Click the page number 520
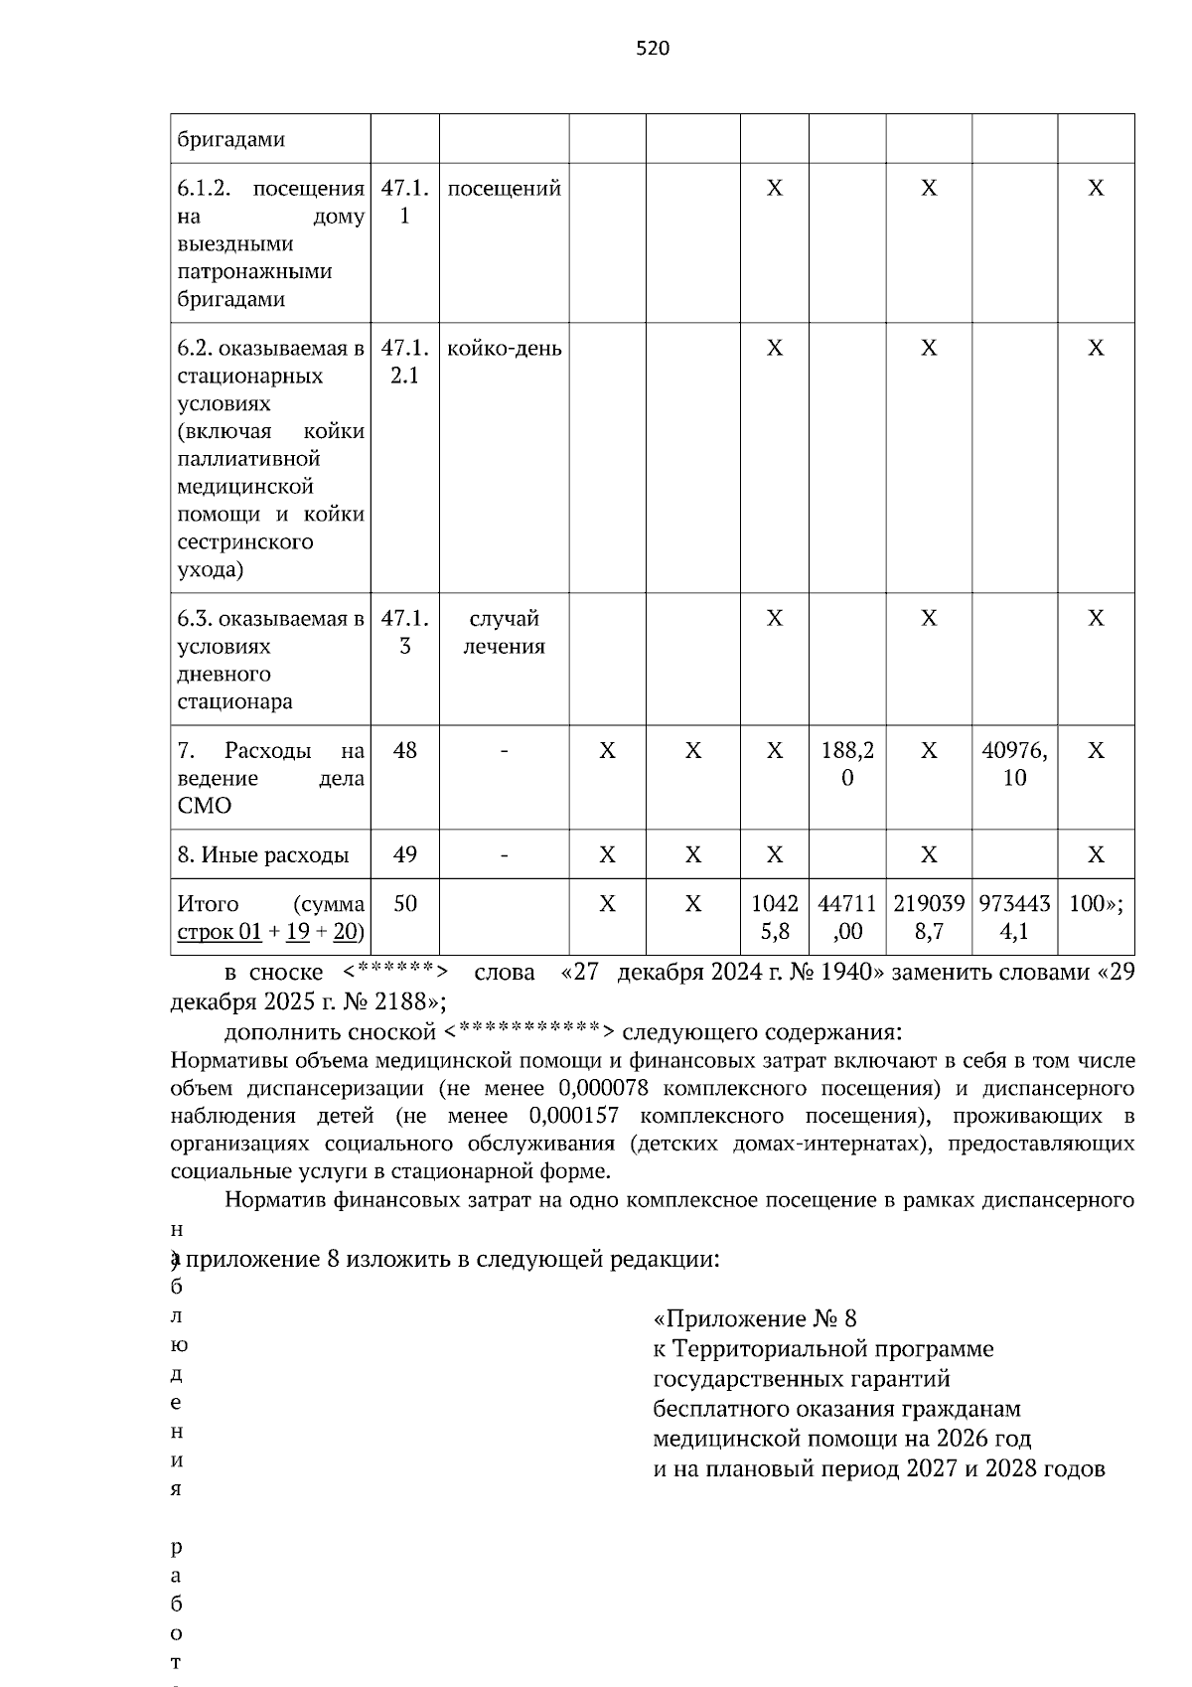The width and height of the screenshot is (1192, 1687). (x=653, y=49)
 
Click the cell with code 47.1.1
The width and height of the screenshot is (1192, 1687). (x=404, y=202)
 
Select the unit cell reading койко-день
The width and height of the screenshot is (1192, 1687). (x=504, y=349)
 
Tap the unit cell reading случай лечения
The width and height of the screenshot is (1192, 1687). (x=504, y=632)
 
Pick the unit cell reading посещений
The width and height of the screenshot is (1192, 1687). (x=504, y=189)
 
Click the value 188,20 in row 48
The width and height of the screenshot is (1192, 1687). (x=846, y=764)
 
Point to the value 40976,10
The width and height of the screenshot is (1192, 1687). (x=1013, y=764)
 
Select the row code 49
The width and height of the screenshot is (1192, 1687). (x=404, y=854)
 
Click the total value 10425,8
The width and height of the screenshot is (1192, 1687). (x=774, y=917)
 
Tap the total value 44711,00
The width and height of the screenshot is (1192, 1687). (x=846, y=917)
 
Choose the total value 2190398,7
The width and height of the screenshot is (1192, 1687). (x=928, y=917)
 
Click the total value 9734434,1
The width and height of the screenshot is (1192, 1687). (x=1013, y=917)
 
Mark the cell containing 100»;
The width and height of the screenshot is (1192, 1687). (x=1095, y=904)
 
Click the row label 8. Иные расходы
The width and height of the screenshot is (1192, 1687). (x=263, y=854)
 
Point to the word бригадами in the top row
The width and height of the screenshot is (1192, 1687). (x=231, y=139)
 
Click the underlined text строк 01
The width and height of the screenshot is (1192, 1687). (x=220, y=932)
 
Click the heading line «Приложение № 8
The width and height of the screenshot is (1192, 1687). (x=754, y=1318)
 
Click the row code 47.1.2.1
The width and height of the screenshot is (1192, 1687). (x=404, y=362)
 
